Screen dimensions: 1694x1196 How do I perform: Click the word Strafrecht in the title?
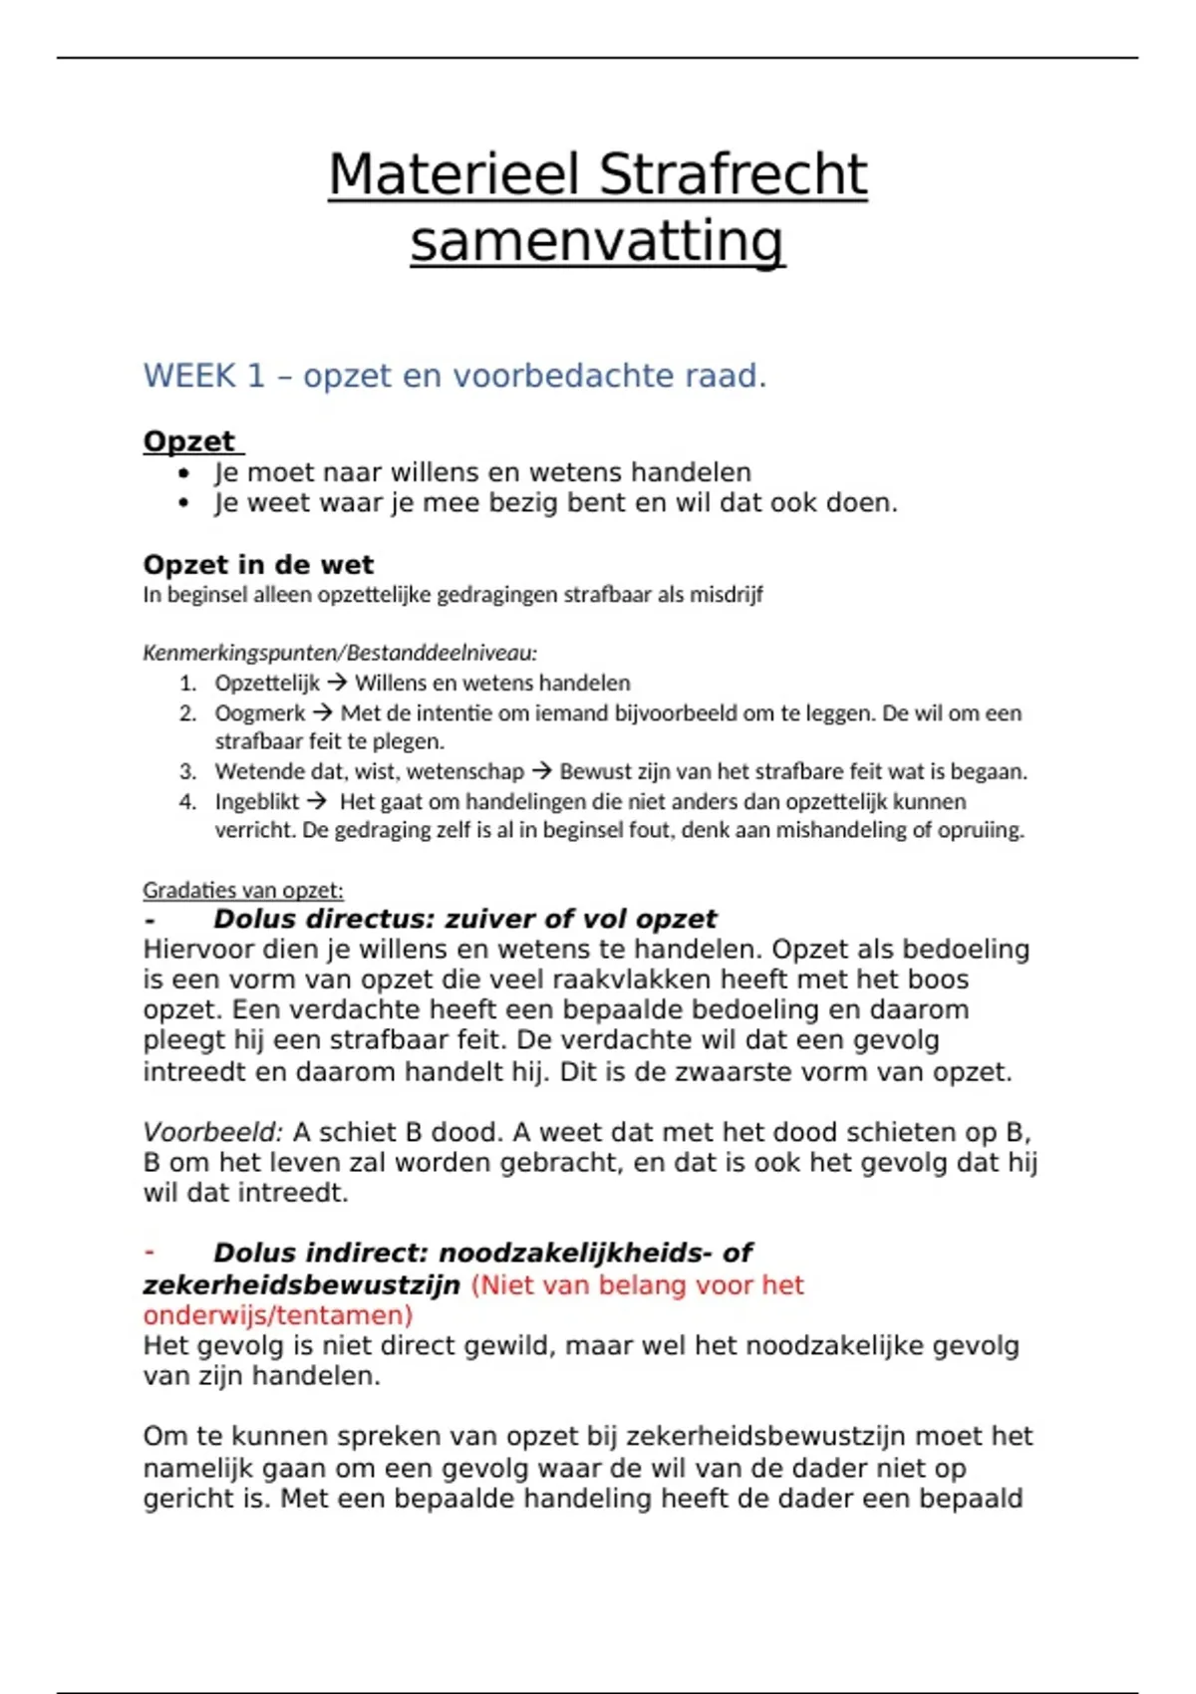(x=734, y=174)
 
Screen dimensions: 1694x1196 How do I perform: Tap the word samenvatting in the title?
(x=597, y=241)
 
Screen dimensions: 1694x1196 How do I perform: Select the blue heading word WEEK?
(x=189, y=376)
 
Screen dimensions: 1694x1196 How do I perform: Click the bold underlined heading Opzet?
(x=189, y=441)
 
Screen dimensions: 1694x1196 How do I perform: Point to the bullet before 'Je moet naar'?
(x=183, y=473)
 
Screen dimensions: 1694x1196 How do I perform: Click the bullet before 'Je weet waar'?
(x=183, y=503)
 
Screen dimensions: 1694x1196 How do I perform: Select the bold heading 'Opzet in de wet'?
(x=258, y=565)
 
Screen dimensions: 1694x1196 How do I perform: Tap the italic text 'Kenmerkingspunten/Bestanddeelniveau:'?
(x=340, y=653)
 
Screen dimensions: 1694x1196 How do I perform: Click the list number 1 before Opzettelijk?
(x=187, y=684)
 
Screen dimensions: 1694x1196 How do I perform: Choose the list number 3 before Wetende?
(x=187, y=771)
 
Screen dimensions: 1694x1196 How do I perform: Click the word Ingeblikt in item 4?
(x=256, y=801)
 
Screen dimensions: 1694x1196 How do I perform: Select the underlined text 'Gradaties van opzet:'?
(x=242, y=890)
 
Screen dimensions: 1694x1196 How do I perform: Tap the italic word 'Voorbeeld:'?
(x=212, y=1132)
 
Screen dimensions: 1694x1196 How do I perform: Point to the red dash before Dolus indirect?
(x=149, y=1253)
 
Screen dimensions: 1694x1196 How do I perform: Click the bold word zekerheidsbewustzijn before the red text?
(x=301, y=1285)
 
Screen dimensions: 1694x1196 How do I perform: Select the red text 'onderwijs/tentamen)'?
(x=277, y=1315)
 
